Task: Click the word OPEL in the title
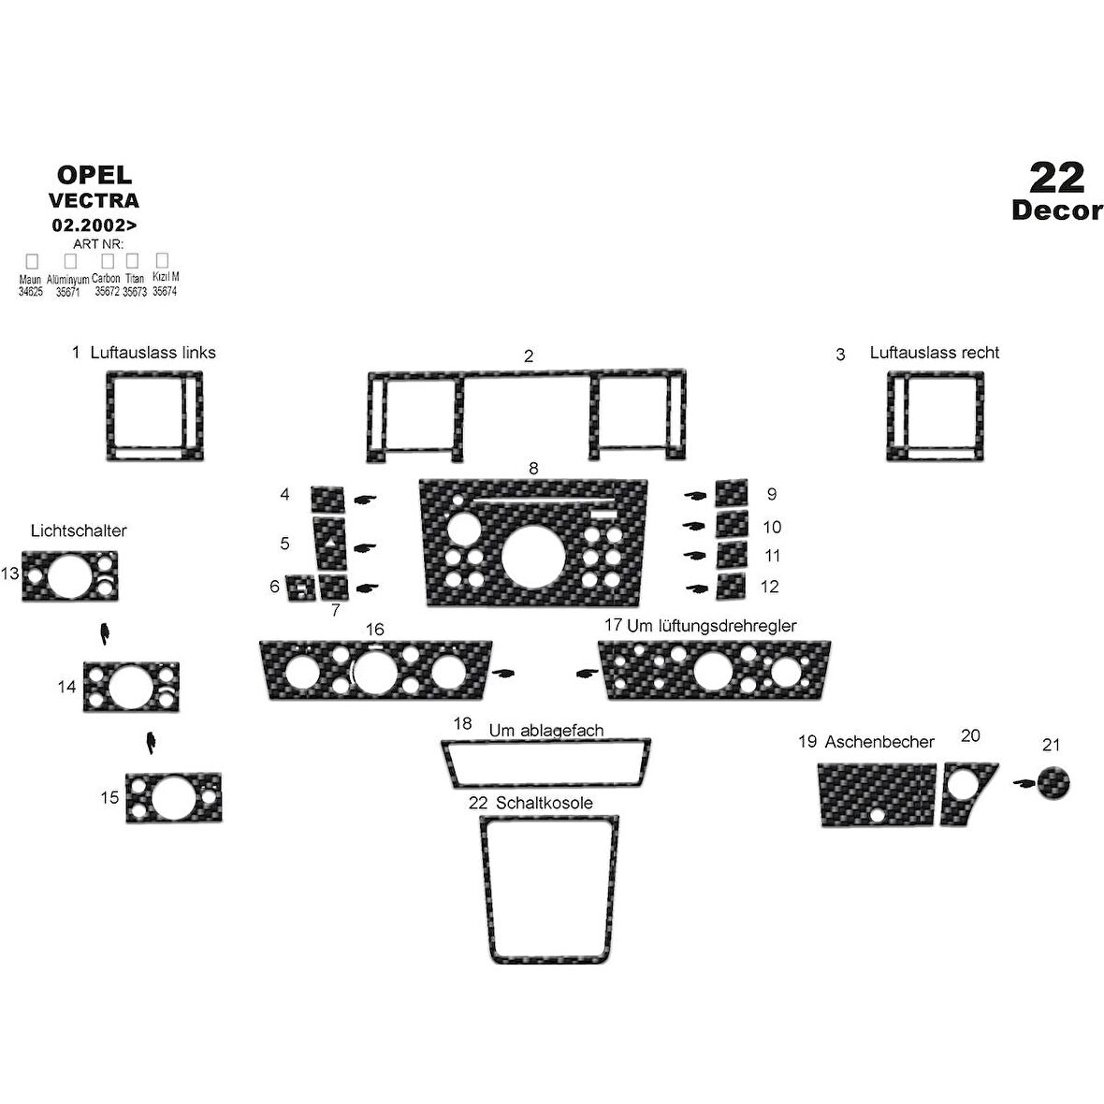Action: click(94, 175)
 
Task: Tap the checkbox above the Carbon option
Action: click(108, 261)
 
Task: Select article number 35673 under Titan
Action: click(135, 292)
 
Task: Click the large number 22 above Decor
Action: click(1056, 178)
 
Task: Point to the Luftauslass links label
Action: click(153, 353)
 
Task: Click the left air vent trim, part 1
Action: click(109, 416)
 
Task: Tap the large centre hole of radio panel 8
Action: click(533, 557)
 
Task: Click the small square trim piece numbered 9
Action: click(732, 493)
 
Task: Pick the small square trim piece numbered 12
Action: click(731, 587)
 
